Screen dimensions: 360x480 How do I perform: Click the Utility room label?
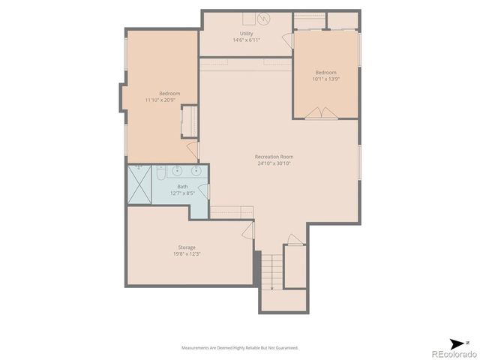(246, 34)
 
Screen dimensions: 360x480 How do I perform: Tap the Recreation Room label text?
(274, 157)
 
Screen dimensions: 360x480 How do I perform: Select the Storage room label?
(187, 247)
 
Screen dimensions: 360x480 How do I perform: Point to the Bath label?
(182, 187)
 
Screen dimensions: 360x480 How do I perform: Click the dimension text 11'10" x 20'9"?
(160, 100)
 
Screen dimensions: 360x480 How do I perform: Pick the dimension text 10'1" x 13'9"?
(325, 79)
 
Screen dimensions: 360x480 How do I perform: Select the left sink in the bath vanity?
(178, 170)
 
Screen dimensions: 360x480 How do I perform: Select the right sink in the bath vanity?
(196, 170)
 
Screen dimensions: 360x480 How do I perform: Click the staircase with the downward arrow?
(271, 271)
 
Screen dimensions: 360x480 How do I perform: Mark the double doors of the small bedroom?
(325, 113)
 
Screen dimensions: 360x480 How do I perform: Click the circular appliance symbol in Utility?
(263, 18)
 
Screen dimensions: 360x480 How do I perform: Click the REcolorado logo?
(449, 352)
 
